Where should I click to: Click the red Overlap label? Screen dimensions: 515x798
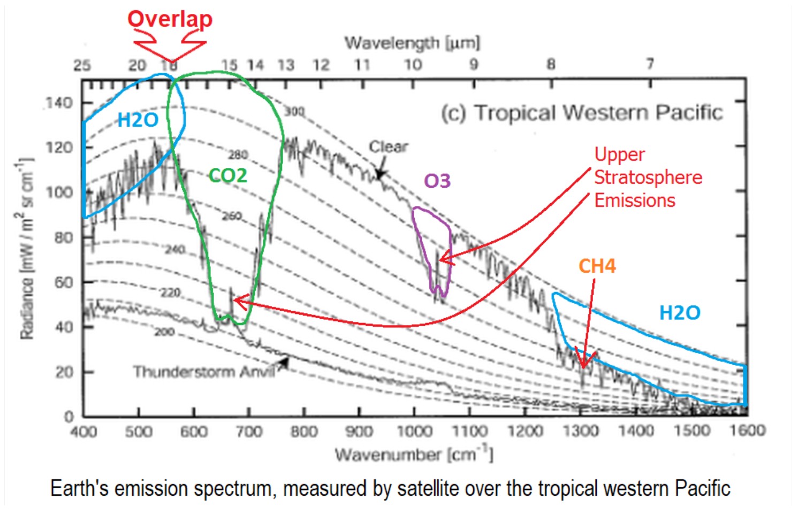170,19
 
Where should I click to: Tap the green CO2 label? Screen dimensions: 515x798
228,175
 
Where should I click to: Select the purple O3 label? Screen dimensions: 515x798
437,181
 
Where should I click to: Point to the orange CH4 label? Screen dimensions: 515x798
597,266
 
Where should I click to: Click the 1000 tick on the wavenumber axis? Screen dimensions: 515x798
414,431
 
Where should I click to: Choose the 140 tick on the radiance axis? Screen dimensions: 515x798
59,102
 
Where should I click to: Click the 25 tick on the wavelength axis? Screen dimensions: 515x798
82,65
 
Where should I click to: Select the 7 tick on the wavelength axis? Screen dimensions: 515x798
650,64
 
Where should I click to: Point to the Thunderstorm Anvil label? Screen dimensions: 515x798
203,372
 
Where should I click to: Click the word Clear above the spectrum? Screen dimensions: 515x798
389,147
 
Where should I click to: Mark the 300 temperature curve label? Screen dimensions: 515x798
294,112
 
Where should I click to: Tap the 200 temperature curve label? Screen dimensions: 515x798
164,332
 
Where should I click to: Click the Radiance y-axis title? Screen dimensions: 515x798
26,249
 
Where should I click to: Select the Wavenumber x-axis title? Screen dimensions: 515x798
414,455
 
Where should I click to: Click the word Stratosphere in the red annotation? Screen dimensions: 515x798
648,177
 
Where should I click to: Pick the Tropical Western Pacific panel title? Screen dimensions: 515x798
582,112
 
